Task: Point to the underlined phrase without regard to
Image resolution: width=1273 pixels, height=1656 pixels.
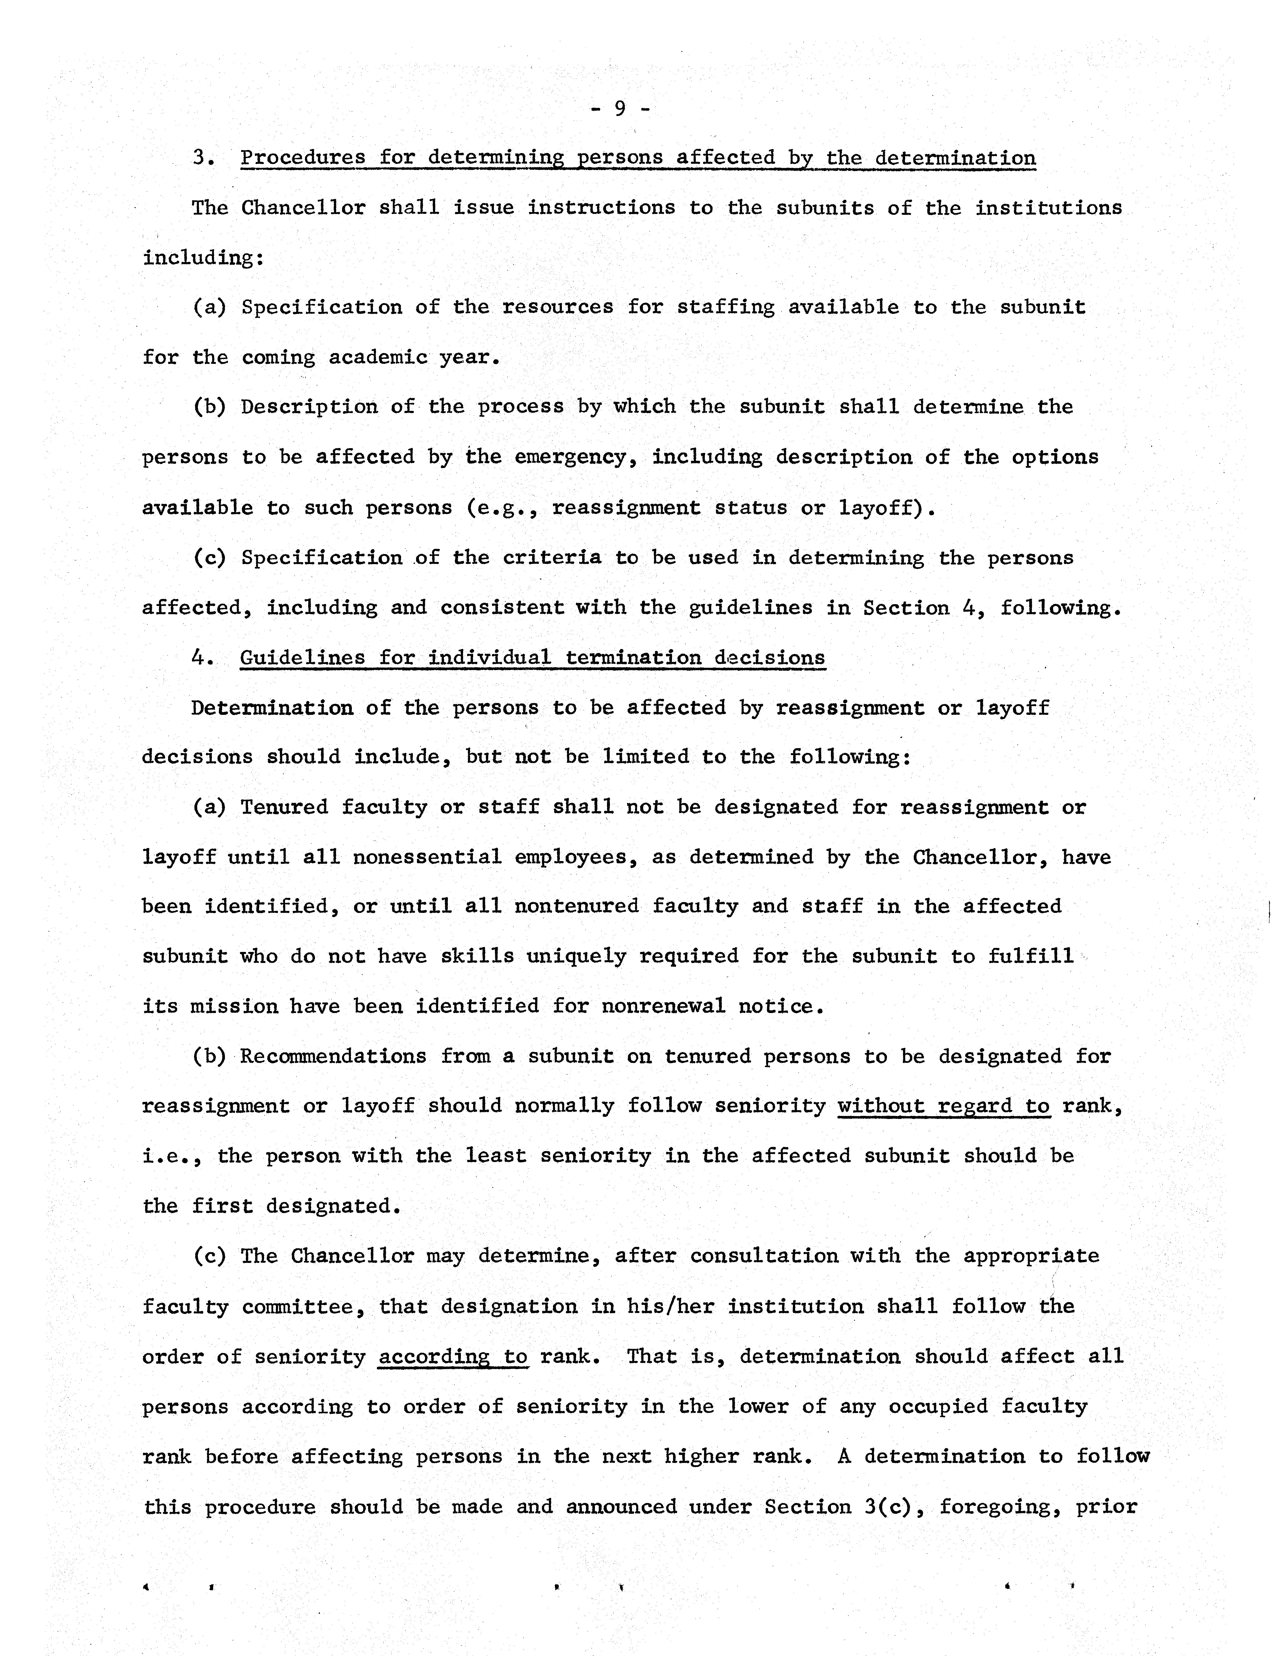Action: (x=943, y=1106)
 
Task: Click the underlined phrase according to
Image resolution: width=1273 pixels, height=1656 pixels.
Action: (x=452, y=1357)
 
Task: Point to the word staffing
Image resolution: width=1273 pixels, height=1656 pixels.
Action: (x=725, y=307)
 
